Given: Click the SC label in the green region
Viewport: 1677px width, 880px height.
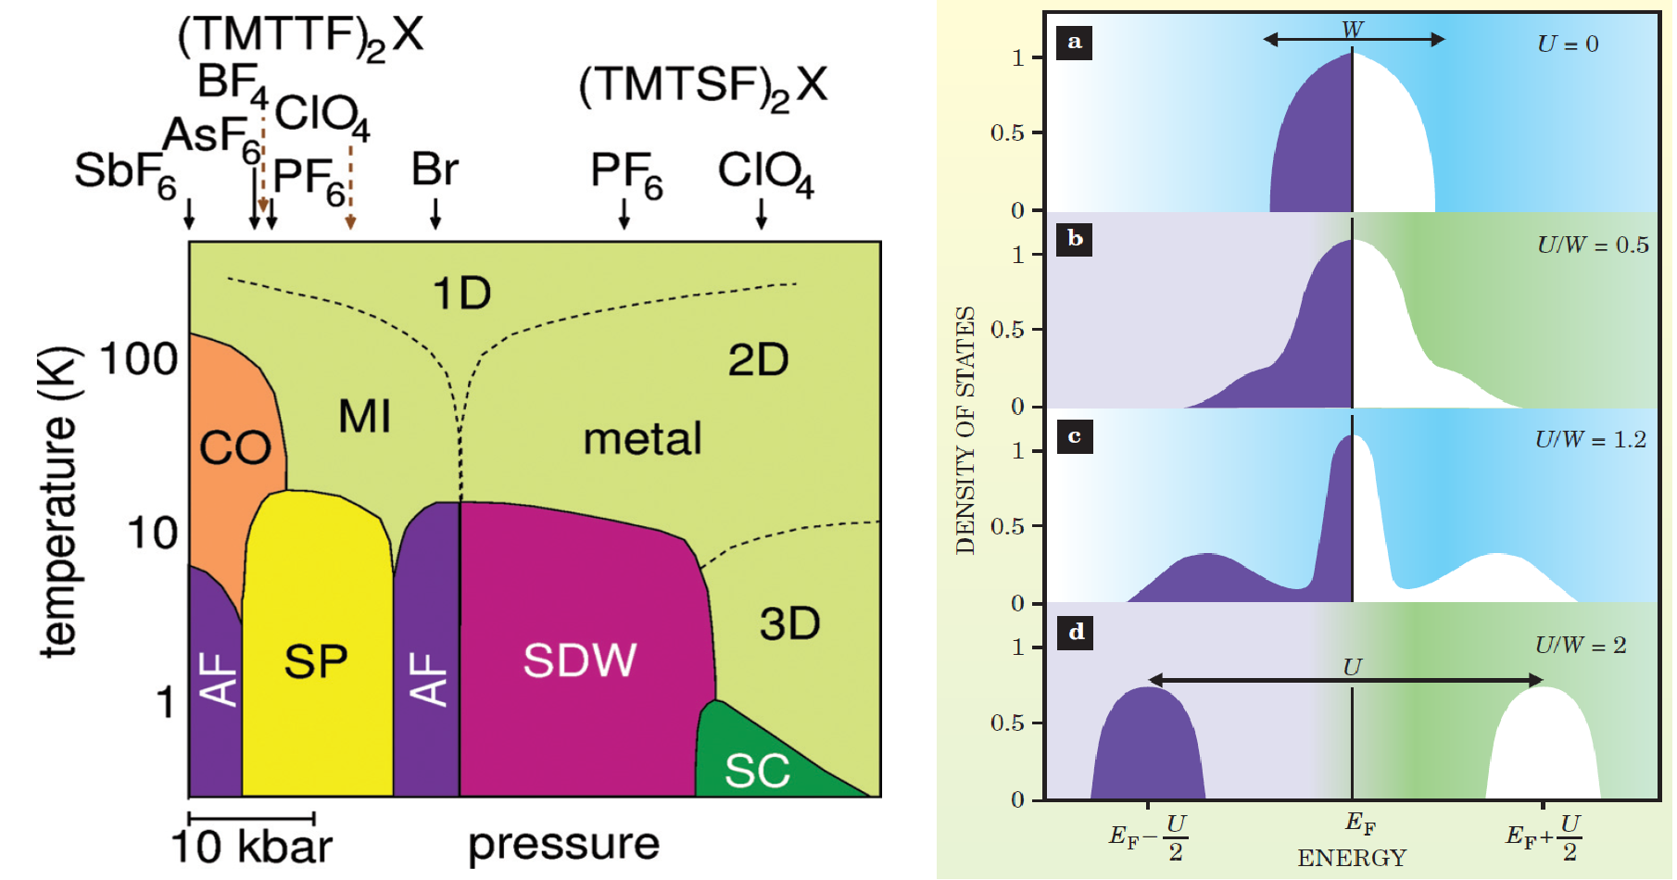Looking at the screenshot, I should click(x=757, y=771).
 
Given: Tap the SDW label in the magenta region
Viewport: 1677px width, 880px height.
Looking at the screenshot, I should click(x=580, y=660).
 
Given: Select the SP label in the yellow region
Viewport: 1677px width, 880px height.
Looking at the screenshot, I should click(x=316, y=661).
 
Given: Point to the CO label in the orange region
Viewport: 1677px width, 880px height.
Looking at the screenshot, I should click(x=235, y=448).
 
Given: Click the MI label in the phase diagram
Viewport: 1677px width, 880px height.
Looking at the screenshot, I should click(x=364, y=417).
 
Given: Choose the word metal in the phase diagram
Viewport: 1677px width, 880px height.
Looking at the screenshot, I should click(x=642, y=439).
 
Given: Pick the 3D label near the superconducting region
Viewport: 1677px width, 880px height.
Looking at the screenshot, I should click(x=789, y=624).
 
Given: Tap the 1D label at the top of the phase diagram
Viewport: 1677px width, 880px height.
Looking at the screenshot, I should click(x=461, y=294).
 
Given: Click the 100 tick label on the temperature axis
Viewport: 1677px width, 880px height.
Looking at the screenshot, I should click(x=139, y=359).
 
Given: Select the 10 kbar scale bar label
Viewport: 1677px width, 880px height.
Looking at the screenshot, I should click(x=251, y=847).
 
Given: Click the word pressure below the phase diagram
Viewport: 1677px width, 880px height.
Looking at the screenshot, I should click(x=563, y=844).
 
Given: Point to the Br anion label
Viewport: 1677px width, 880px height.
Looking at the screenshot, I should click(x=435, y=170).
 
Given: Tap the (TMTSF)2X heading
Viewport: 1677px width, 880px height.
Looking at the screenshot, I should click(x=702, y=87).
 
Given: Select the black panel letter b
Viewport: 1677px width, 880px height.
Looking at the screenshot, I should click(x=1075, y=239).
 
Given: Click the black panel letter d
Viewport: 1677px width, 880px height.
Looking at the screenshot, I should click(x=1076, y=632).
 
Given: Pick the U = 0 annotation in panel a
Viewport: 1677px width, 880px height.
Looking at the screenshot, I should click(x=1568, y=44).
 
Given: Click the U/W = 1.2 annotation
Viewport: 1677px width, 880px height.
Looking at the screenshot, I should click(x=1590, y=440).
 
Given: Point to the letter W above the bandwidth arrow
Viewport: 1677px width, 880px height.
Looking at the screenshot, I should click(x=1353, y=30).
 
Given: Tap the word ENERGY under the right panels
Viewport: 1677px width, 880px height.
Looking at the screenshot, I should click(x=1352, y=858).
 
